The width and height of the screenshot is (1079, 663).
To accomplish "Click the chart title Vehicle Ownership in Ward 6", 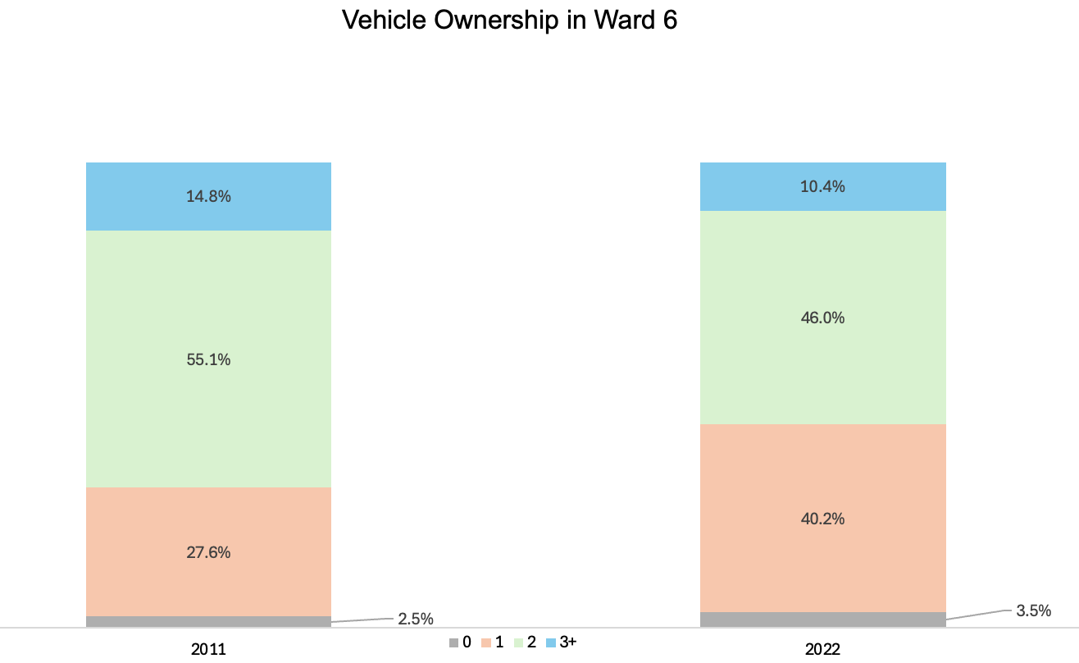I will coord(509,21).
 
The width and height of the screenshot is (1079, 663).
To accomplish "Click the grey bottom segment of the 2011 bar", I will coord(208,621).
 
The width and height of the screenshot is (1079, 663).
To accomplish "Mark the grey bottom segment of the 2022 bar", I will coord(822,620).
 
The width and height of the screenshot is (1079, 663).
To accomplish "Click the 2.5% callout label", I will coord(416,619).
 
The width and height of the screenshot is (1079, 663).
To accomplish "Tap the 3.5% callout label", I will coord(1033,610).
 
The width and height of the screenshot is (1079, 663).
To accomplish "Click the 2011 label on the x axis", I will coord(208,649).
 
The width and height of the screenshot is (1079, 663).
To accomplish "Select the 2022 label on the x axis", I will coord(822,649).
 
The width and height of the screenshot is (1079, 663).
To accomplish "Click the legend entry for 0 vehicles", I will coord(460,642).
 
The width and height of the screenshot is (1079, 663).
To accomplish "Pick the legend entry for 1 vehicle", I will coord(493,642).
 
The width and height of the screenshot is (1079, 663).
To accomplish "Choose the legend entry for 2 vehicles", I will coord(526,642).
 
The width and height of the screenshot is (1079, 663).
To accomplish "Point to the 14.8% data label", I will coord(208,197).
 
